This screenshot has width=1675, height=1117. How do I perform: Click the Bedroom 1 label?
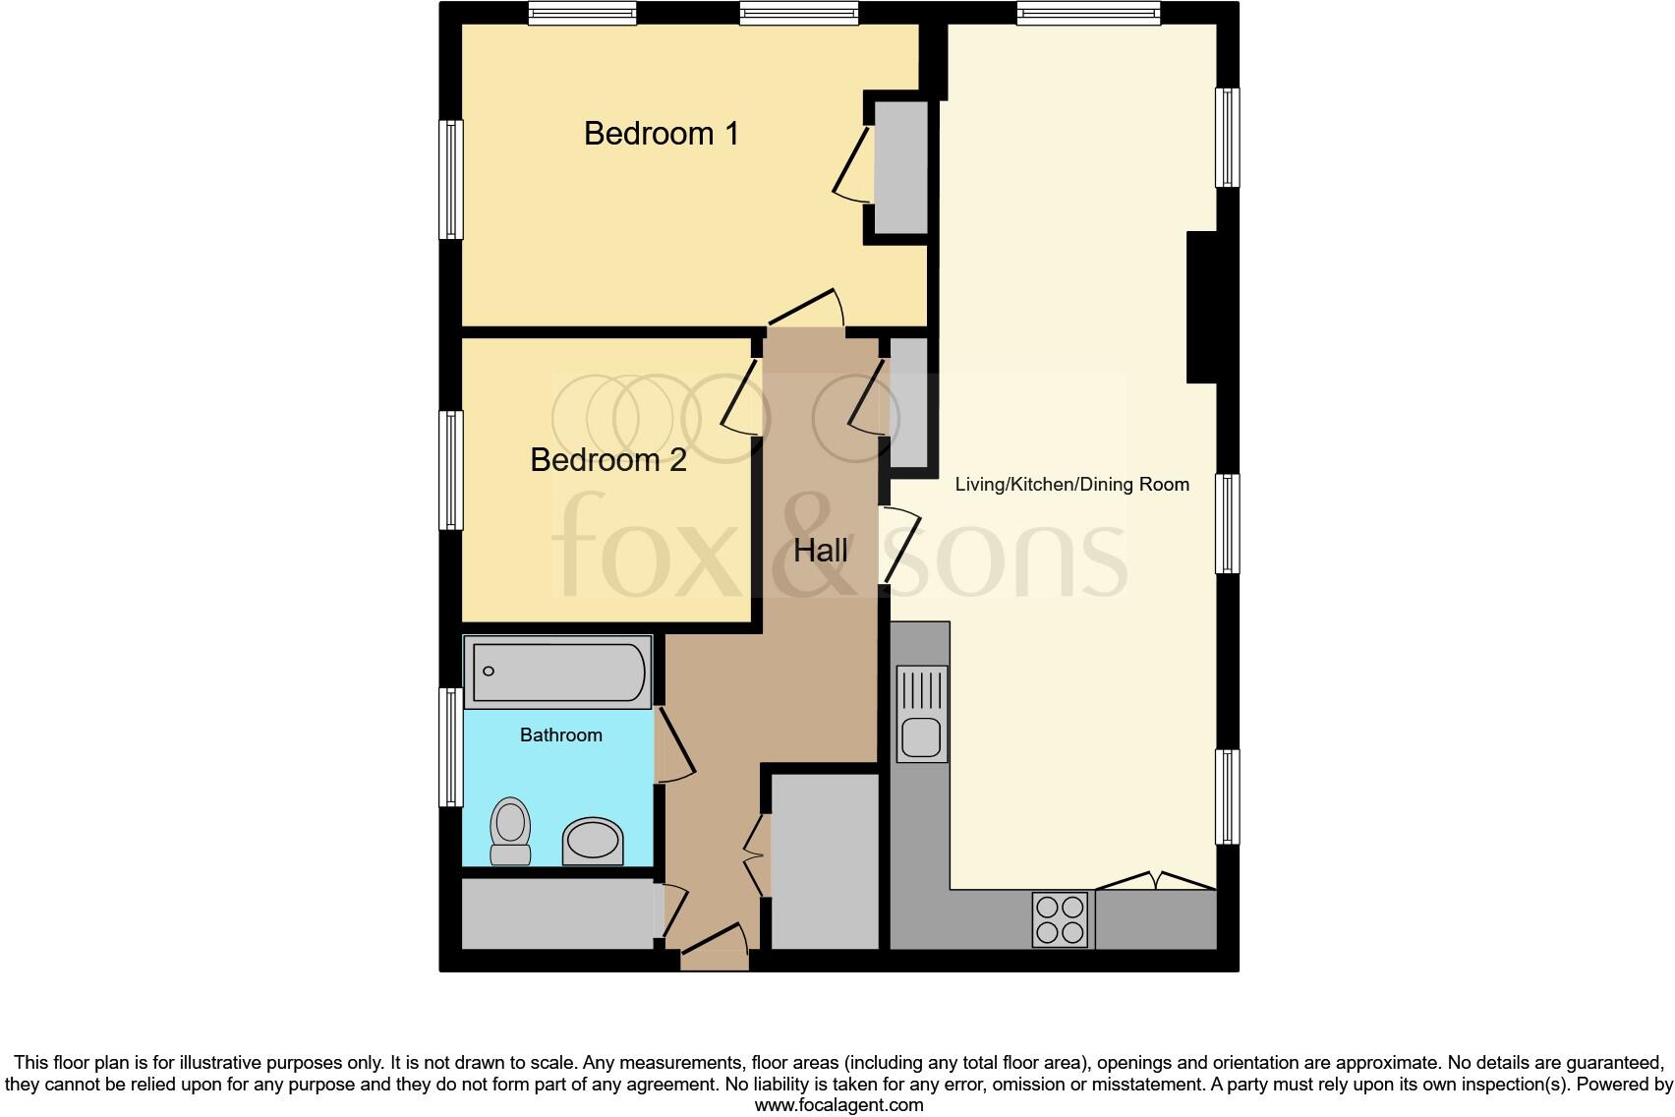click(x=661, y=134)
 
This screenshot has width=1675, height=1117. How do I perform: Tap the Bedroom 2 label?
click(x=607, y=460)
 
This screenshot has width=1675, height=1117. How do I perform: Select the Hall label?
click(x=821, y=551)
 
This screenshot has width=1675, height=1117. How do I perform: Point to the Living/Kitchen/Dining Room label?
click(x=1071, y=485)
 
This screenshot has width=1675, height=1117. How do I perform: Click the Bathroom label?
click(x=560, y=735)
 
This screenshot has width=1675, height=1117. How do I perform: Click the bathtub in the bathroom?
click(x=557, y=672)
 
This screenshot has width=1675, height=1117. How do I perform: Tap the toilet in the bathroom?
click(x=510, y=832)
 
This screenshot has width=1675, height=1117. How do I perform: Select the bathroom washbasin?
click(x=593, y=842)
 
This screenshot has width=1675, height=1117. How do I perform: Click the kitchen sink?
click(x=922, y=714)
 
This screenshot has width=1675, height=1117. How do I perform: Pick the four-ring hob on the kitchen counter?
click(x=1061, y=919)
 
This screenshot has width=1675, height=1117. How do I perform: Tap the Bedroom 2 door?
click(x=741, y=398)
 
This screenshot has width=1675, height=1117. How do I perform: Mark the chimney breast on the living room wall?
click(x=1201, y=307)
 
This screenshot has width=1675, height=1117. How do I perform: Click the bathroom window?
click(x=450, y=746)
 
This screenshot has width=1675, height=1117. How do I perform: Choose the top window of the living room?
click(x=1088, y=13)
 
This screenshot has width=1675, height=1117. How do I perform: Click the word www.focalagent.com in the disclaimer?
click(x=838, y=1105)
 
